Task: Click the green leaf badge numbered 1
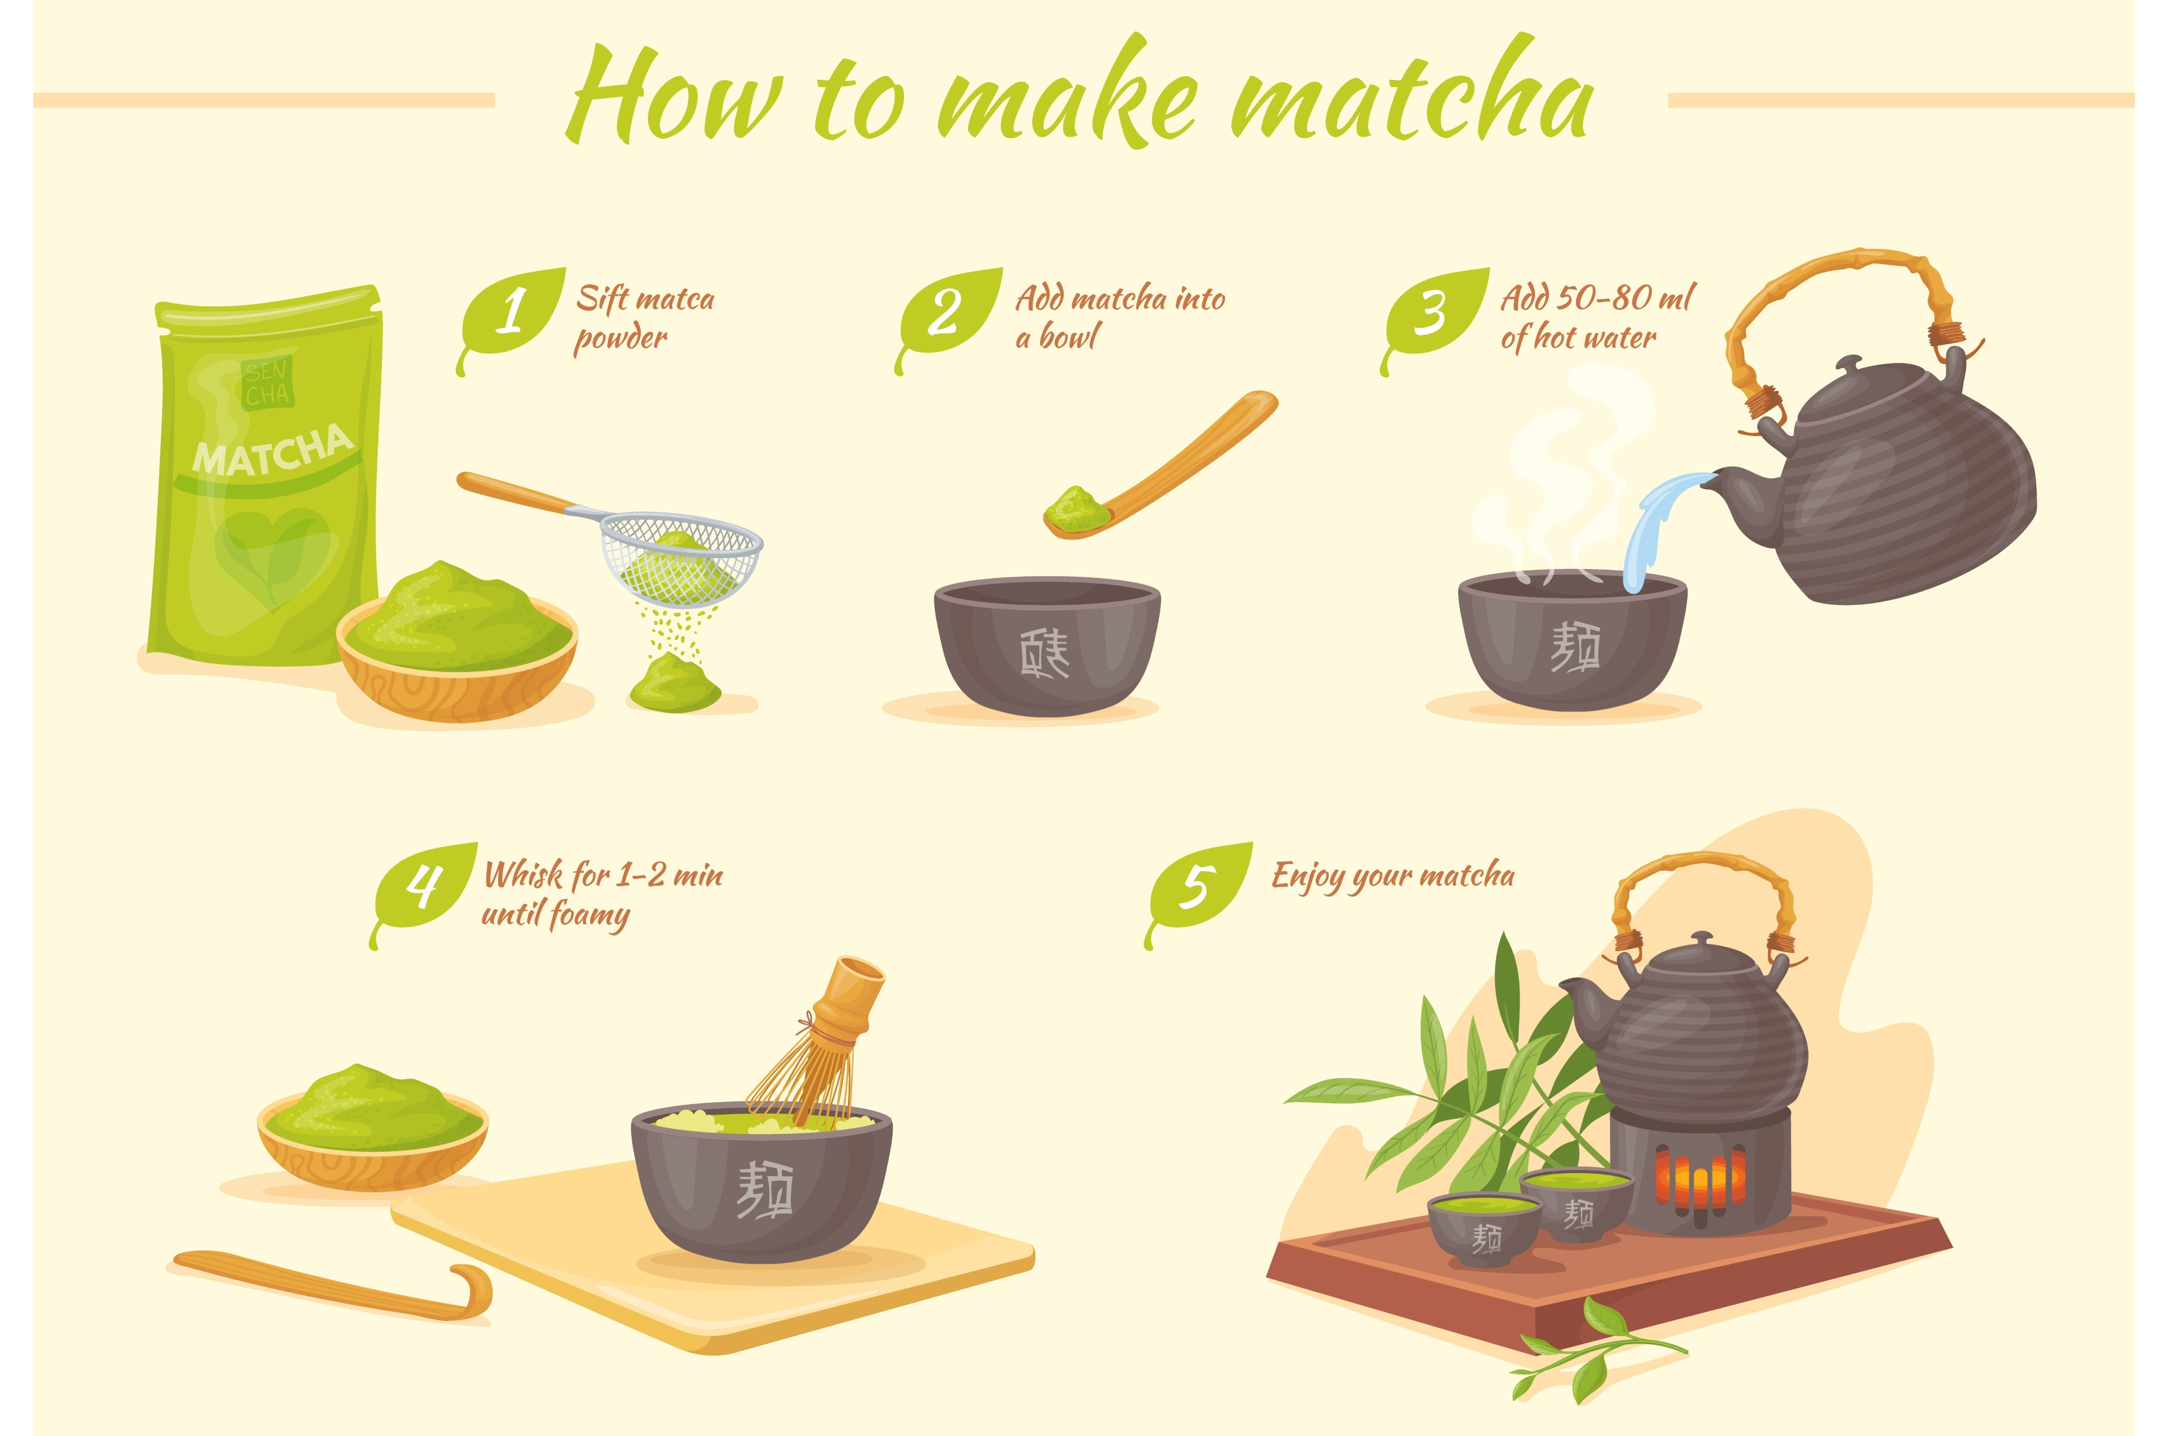point(511,316)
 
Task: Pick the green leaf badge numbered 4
point(424,890)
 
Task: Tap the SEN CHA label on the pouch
point(266,383)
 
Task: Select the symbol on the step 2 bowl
point(1044,653)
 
